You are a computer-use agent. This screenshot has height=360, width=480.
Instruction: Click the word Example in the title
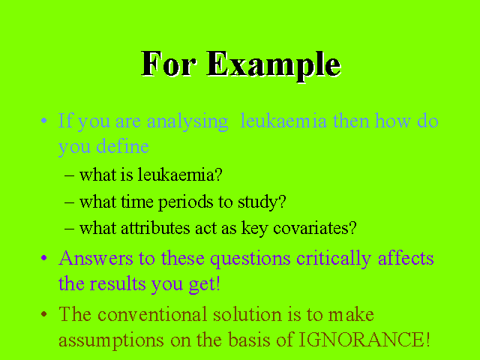click(x=273, y=65)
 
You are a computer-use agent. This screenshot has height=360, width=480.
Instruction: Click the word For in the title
click(x=168, y=64)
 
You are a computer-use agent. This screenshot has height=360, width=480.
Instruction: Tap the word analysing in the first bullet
click(x=187, y=122)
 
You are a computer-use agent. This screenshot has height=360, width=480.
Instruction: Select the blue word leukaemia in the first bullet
click(x=283, y=120)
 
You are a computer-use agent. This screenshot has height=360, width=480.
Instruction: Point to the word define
click(x=122, y=146)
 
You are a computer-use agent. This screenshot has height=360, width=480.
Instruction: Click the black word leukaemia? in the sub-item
click(x=180, y=175)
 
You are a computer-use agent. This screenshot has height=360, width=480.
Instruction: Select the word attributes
click(x=155, y=228)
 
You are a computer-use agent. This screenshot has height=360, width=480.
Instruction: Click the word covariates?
click(x=315, y=228)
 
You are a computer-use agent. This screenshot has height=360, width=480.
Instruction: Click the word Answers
click(x=95, y=258)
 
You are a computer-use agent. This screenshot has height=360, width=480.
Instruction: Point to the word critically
click(x=334, y=259)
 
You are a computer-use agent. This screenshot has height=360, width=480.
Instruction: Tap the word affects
click(x=406, y=258)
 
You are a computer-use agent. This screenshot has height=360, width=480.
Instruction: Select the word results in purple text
click(x=118, y=283)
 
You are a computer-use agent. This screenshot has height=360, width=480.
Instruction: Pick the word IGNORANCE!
click(x=364, y=339)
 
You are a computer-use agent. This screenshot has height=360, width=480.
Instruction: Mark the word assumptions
click(x=111, y=341)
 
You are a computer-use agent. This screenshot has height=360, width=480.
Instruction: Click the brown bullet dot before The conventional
click(x=44, y=313)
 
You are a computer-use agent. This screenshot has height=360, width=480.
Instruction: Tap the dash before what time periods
click(x=70, y=202)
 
